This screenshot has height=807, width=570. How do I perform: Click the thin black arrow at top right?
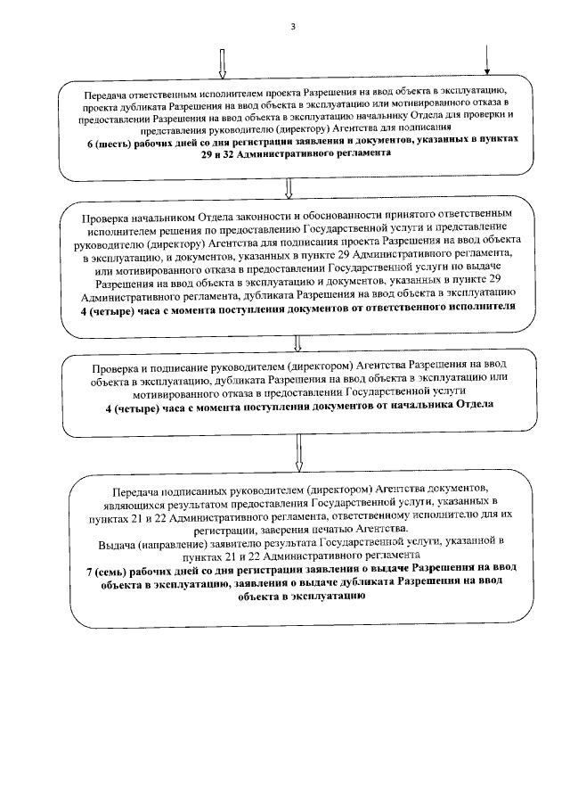tap(487, 60)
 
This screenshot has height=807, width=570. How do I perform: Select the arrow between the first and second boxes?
tap(288, 187)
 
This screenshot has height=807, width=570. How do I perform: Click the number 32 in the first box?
tap(234, 152)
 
